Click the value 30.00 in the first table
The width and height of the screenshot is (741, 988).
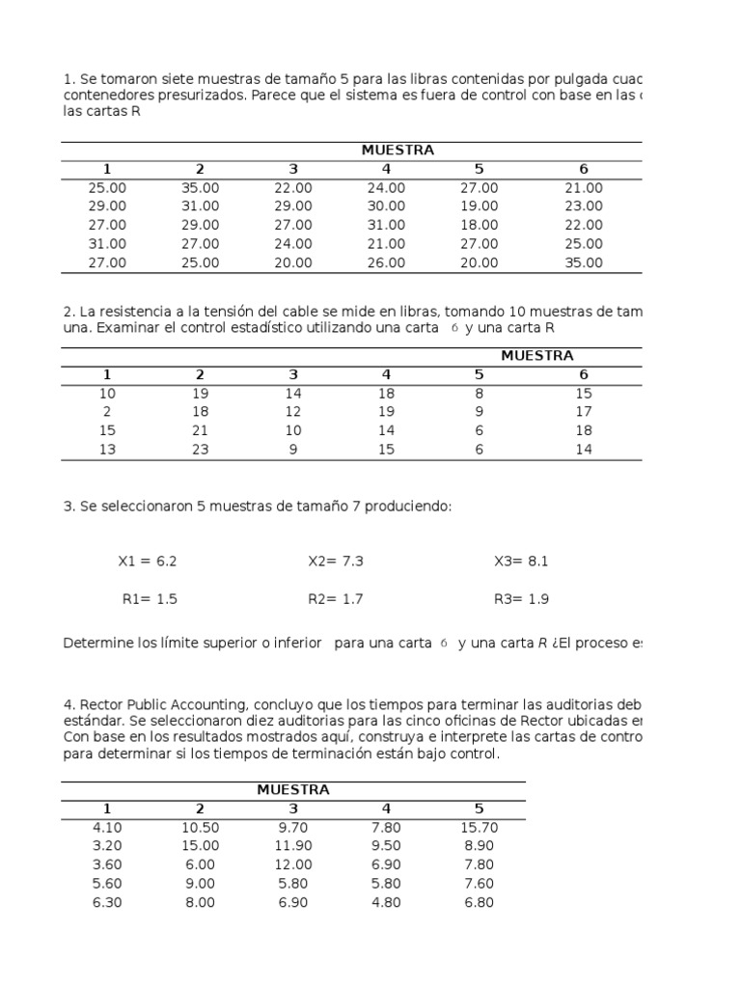pos(386,206)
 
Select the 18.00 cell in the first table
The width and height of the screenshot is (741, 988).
pos(480,225)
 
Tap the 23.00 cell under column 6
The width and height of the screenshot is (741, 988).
pos(583,206)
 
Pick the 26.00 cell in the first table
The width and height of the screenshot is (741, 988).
pos(386,262)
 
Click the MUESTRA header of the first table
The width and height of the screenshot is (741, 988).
pos(398,151)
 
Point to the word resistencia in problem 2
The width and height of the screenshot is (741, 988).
pos(138,311)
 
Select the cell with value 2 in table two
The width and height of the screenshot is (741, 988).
pos(107,412)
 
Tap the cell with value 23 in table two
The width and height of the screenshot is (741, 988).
pos(200,450)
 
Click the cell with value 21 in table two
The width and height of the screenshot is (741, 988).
pos(200,430)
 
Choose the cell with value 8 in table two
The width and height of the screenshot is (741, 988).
pos(480,394)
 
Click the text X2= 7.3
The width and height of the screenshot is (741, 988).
pos(336,562)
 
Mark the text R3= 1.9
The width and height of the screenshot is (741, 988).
pos(521,599)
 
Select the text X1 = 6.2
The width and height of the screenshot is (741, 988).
pos(148,562)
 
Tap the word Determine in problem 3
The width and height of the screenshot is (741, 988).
pos(96,644)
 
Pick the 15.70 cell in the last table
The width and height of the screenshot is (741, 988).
pos(480,828)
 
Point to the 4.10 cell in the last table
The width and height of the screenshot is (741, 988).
pos(107,828)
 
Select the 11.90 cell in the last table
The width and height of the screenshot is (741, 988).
pos(293,846)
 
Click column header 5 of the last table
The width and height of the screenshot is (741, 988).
pos(480,809)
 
